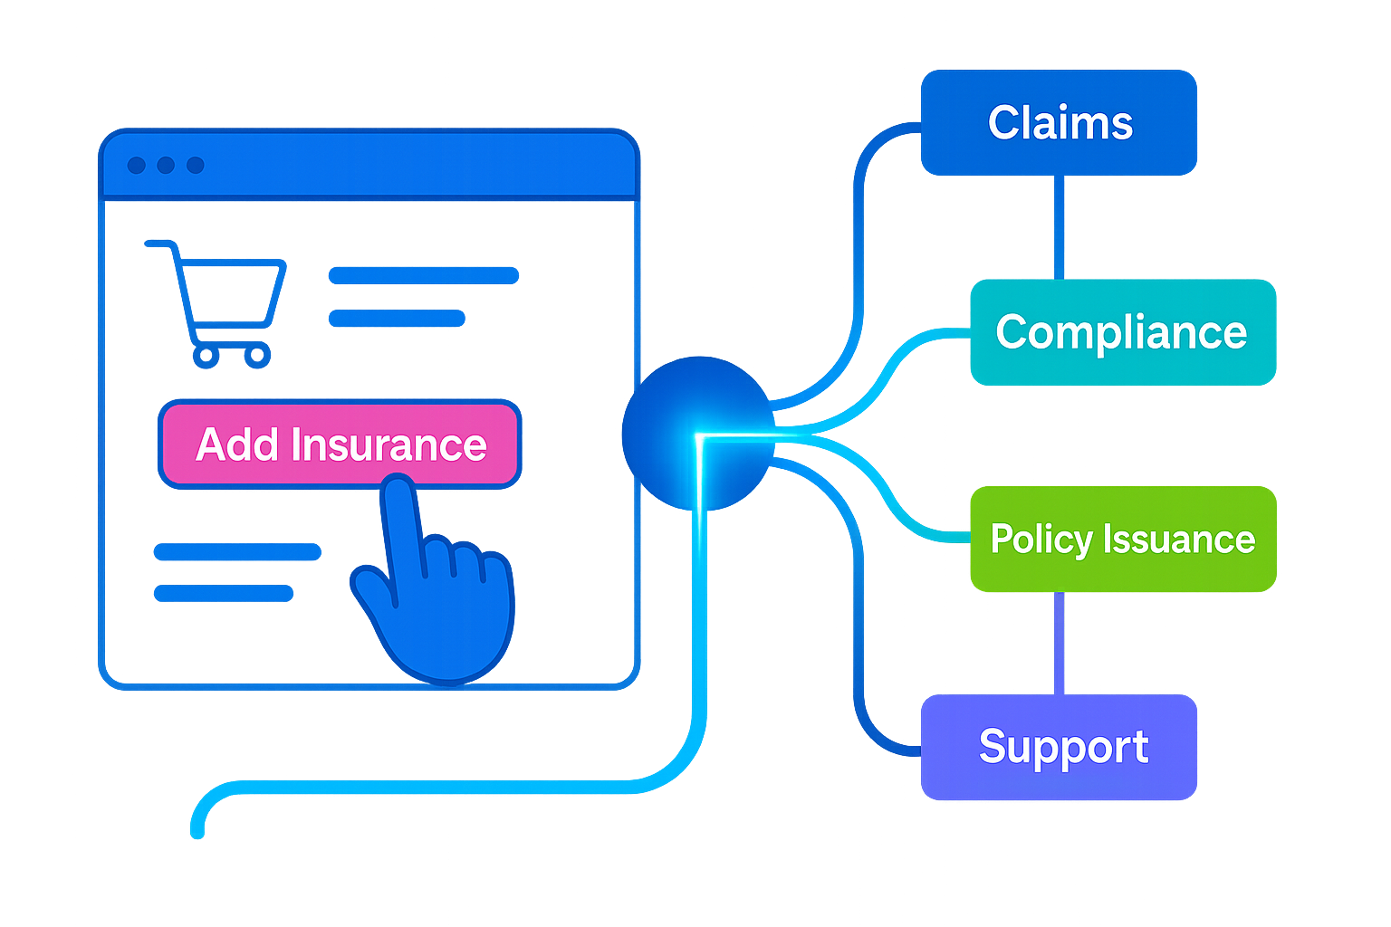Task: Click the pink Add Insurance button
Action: [340, 444]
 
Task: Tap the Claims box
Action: [1059, 123]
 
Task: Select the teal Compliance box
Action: [1122, 332]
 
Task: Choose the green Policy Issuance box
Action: [1122, 540]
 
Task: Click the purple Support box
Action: [1059, 747]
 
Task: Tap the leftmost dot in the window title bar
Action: [137, 165]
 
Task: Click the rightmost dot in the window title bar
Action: [196, 165]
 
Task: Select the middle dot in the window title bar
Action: [166, 165]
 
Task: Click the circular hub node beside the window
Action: [697, 433]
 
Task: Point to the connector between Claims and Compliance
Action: [1059, 226]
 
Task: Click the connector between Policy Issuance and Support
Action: [1059, 643]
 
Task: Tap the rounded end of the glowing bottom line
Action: [197, 828]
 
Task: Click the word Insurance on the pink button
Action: [389, 444]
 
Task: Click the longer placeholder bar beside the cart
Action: [423, 275]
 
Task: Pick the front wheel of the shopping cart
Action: [258, 355]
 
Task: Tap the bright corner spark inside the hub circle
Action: [700, 438]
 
